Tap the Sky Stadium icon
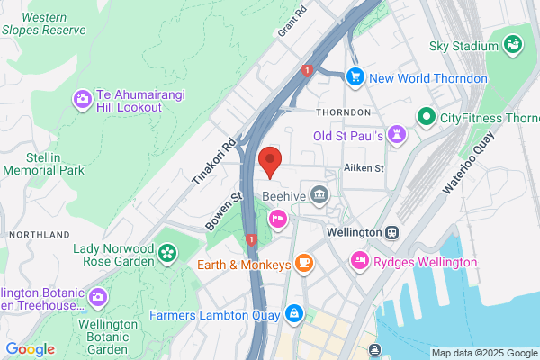pos(513,44)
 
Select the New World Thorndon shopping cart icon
pos(355,77)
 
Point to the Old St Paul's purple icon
pos(397,134)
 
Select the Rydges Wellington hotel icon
pos(360,261)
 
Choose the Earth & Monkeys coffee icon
pos(304,263)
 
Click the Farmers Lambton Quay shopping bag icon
pos(292,314)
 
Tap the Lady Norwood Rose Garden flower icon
pos(166,255)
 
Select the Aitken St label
pos(364,168)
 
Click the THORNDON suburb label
pos(343,112)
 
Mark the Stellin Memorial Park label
pos(43,163)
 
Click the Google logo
pos(30,348)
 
